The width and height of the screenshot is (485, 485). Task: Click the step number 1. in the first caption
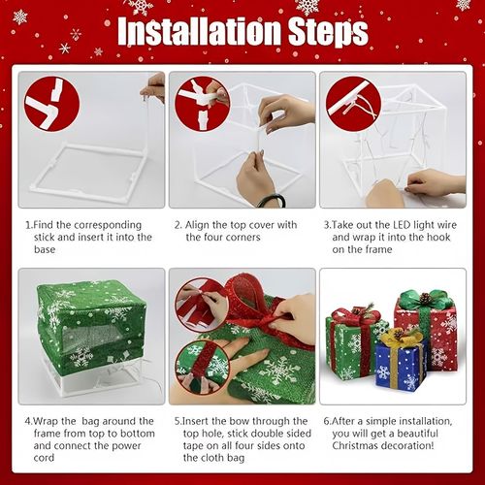(x=29, y=224)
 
